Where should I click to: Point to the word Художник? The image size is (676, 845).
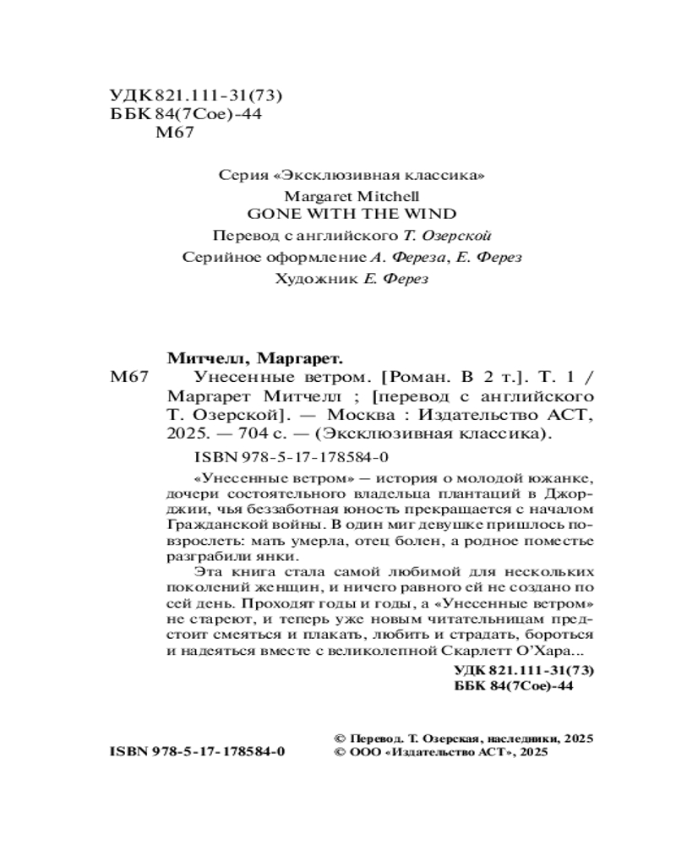[x=307, y=279]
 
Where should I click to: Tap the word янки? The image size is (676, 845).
[x=280, y=556]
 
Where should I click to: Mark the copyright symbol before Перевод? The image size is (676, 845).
[x=341, y=738]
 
